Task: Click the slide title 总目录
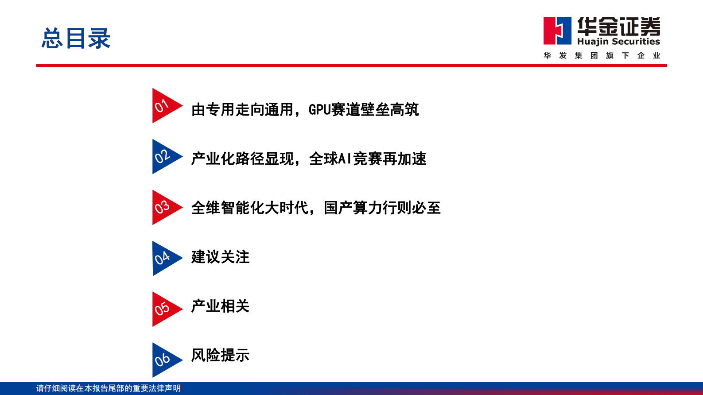click(x=76, y=38)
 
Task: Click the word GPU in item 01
click(x=319, y=109)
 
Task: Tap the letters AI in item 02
click(x=345, y=159)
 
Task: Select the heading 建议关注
click(x=220, y=257)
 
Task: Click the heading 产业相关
click(x=220, y=306)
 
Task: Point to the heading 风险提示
click(x=220, y=355)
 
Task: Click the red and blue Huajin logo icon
click(x=557, y=31)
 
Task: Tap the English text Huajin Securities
click(x=618, y=42)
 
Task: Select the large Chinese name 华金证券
click(x=618, y=26)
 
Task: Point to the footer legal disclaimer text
click(x=109, y=388)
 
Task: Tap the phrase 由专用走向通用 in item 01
click(x=242, y=109)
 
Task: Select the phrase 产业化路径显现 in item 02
click(x=242, y=159)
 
